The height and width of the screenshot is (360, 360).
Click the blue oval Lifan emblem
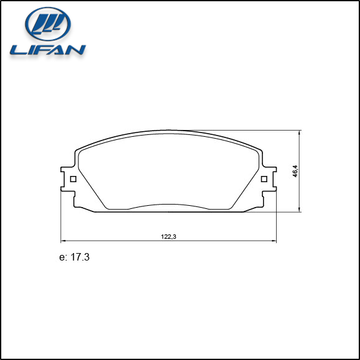pos(47,25)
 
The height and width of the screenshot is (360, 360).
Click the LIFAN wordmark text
pos(47,49)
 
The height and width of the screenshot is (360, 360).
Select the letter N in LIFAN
pos(76,49)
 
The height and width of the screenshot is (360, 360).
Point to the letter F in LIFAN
pos(42,49)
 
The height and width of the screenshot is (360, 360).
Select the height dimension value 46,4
pos(296,171)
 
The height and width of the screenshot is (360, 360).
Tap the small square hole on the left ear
pos(73,180)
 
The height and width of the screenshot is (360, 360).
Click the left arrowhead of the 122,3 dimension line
pos(62,241)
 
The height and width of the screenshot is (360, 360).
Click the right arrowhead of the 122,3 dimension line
pos(274,241)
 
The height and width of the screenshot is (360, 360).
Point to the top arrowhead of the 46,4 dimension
pos(300,132)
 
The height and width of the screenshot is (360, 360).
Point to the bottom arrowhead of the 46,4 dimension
pos(300,210)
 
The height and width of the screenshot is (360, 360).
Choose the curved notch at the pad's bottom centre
pos(168,206)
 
